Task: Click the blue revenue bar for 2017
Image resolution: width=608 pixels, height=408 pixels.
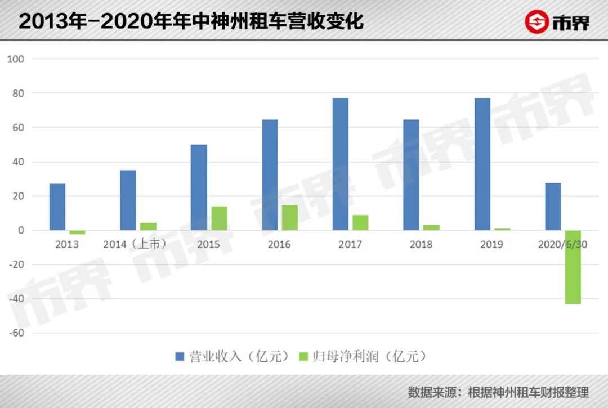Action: coord(340,164)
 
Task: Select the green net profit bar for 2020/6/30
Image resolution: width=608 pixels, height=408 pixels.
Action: coord(573,267)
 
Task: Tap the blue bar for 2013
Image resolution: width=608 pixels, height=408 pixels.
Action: coord(57,207)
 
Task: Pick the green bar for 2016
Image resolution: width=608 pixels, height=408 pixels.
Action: coord(290,218)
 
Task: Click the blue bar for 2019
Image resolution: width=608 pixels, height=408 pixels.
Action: coord(482,164)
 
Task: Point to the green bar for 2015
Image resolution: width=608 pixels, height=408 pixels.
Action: coord(219,218)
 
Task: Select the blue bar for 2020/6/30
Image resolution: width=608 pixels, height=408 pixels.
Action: coord(553,207)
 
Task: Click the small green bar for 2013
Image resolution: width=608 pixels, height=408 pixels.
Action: coord(78,232)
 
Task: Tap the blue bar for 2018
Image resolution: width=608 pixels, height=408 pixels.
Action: coord(411,175)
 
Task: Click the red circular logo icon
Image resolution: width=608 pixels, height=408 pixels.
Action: coord(537,22)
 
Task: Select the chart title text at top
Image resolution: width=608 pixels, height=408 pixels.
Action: coord(191,21)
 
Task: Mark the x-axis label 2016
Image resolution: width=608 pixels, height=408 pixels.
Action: coord(279,244)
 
